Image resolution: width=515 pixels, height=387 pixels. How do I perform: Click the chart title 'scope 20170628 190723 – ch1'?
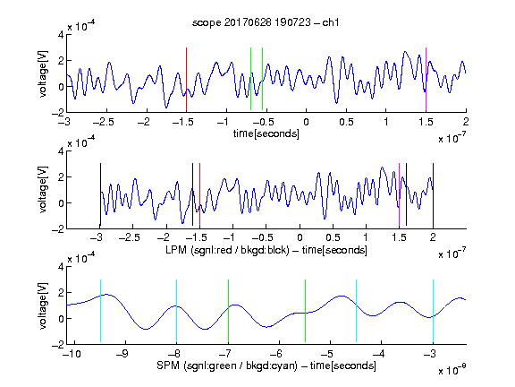click(x=266, y=22)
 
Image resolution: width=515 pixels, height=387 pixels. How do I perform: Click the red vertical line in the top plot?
click(x=186, y=79)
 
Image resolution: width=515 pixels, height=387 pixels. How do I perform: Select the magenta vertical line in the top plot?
click(x=426, y=79)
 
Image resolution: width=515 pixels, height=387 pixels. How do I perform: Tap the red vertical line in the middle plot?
click(x=199, y=194)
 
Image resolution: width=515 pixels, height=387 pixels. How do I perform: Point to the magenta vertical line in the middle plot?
click(x=399, y=194)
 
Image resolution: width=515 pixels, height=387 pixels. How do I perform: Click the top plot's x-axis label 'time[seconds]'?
click(x=266, y=133)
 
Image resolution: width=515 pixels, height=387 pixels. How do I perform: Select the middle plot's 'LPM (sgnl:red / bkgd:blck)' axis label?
click(x=227, y=250)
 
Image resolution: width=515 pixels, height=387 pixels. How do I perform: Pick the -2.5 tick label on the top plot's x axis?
click(x=104, y=122)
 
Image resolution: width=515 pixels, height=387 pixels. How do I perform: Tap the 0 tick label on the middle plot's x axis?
click(x=300, y=237)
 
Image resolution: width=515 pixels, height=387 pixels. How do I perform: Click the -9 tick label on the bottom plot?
click(x=122, y=354)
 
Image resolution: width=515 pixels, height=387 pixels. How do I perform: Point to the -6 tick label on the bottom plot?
click(x=276, y=354)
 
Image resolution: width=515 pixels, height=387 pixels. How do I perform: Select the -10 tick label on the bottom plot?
click(x=72, y=354)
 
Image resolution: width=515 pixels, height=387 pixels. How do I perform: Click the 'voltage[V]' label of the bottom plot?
click(x=43, y=305)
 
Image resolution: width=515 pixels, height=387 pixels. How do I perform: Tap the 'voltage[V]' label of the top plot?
click(x=43, y=73)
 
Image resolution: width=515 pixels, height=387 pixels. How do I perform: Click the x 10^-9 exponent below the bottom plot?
click(x=452, y=370)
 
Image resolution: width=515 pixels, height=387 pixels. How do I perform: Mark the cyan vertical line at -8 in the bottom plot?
click(x=176, y=311)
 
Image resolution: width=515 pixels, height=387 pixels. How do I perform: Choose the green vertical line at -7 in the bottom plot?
click(x=228, y=311)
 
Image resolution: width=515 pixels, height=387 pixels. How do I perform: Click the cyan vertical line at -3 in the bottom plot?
click(x=433, y=311)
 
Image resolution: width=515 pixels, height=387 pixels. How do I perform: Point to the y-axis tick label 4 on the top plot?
click(x=61, y=35)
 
